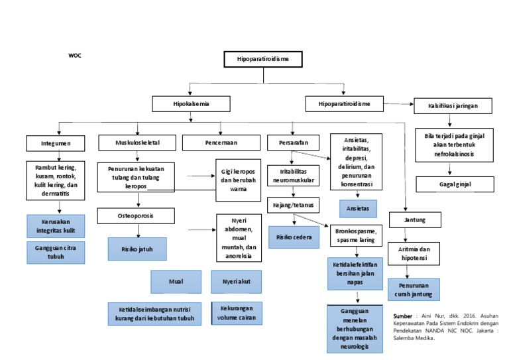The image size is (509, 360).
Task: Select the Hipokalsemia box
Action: [x=192, y=104]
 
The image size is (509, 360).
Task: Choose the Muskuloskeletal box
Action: [x=138, y=143]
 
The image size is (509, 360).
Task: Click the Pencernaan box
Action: [x=221, y=143]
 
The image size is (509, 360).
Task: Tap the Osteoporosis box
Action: [x=138, y=215]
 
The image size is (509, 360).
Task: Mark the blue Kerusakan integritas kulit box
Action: [x=56, y=226]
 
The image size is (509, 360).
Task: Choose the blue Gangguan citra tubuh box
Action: [x=56, y=253]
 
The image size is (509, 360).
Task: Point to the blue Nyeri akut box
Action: [x=235, y=282]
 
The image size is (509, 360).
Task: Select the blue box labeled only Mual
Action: [x=176, y=282]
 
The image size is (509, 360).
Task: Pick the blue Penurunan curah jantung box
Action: [x=414, y=290]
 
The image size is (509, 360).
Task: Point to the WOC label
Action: [x=75, y=56]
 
